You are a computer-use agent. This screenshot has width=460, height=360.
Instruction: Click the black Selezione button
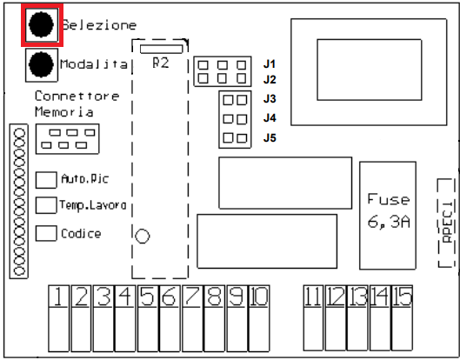coord(42,24)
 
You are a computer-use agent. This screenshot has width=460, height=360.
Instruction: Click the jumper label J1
coord(270,64)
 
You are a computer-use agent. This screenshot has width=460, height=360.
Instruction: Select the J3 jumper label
coord(270,99)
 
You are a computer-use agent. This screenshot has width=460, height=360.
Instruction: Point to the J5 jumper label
coord(270,137)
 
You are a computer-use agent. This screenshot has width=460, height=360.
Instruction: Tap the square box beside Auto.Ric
coord(46,180)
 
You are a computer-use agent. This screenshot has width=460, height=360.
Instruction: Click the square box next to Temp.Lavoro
coord(46,205)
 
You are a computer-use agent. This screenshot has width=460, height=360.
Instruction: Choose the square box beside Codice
coord(46,233)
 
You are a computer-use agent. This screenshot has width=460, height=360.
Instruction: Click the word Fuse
coord(389,199)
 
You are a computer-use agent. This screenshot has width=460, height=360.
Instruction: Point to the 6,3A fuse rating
coord(389,222)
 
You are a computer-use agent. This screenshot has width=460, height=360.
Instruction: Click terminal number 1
coord(58,297)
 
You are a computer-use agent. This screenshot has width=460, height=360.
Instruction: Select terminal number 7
coord(192,297)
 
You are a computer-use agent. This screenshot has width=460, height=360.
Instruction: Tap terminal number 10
coord(259,297)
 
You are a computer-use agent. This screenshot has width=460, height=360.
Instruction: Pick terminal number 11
coord(313,297)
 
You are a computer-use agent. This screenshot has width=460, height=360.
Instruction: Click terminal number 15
coord(403,297)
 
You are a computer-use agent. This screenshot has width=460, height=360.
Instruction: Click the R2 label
coord(161,63)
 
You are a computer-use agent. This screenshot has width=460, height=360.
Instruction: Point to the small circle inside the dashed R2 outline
coord(143,237)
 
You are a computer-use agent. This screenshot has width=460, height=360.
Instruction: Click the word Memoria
coord(64,112)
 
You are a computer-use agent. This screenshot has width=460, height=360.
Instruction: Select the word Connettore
coord(77,96)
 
